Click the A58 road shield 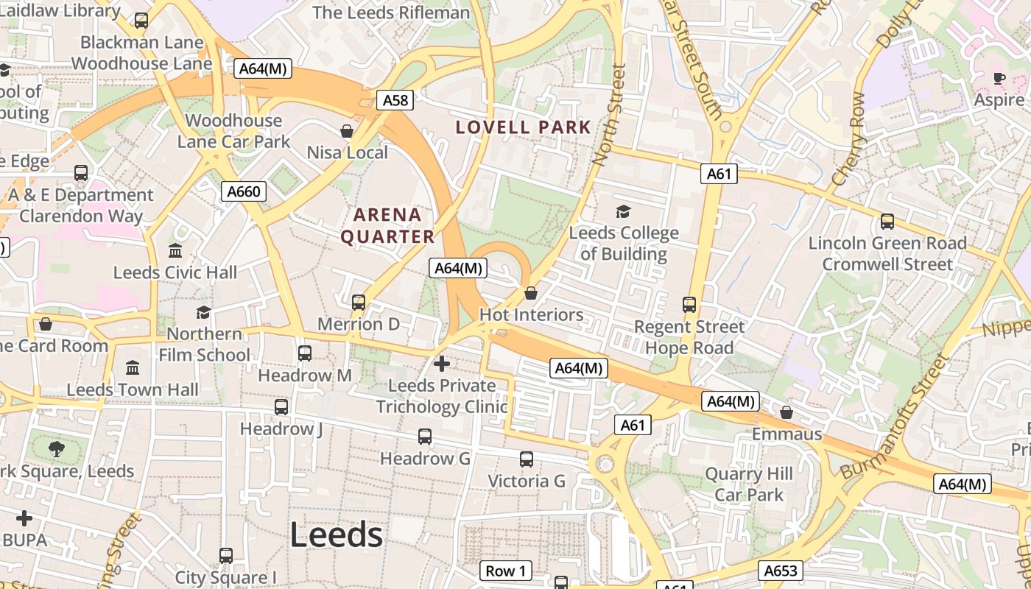395,100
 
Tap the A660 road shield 244,192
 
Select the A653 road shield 781,571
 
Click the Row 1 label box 506,571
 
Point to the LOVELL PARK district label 524,127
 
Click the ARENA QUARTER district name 393,226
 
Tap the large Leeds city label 336,535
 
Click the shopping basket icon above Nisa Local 347,131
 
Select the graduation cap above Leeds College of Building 623,212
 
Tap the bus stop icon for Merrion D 359,302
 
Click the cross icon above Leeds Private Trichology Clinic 442,363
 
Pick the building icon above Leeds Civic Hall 175,251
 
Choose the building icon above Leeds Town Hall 133,367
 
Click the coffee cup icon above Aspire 999,78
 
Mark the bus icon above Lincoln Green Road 887,221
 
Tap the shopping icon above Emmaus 787,412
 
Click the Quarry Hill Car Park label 749,484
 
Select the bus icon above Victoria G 527,459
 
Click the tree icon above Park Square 56,448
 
